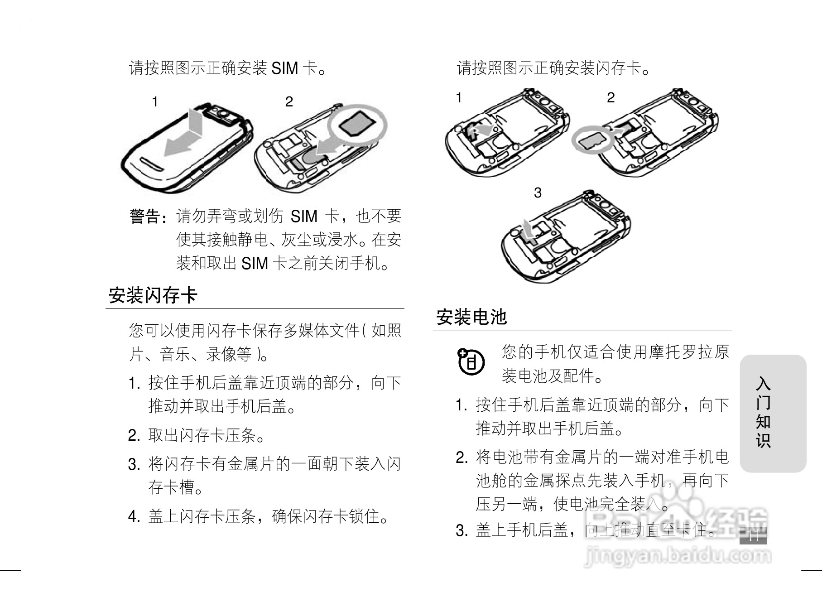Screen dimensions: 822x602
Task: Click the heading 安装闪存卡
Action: (x=153, y=296)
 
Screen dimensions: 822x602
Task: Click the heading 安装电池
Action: (x=471, y=317)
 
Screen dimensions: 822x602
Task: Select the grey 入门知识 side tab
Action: (x=773, y=413)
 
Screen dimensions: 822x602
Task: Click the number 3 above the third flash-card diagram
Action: (x=538, y=193)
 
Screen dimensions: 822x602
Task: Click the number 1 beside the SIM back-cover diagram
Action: (x=155, y=102)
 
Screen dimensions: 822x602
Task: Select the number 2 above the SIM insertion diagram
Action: (x=289, y=102)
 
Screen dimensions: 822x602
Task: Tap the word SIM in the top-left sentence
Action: (x=284, y=68)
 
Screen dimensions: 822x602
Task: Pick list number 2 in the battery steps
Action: (x=461, y=458)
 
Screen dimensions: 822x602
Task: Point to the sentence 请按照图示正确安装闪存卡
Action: (x=553, y=68)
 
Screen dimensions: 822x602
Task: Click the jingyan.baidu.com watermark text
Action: (x=678, y=556)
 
